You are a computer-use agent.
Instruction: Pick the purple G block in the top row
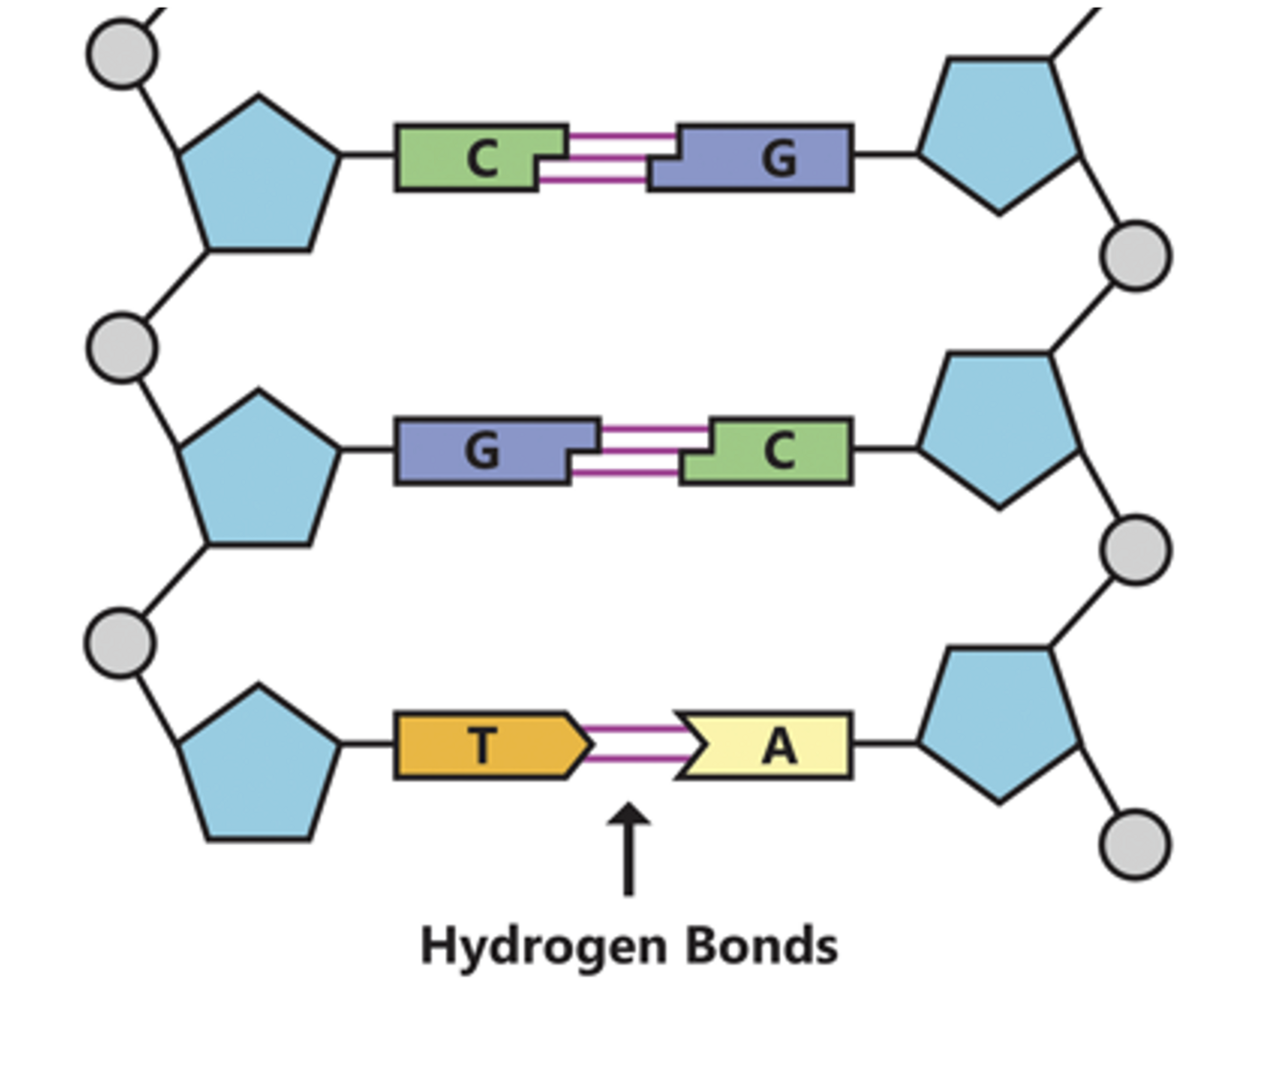point(764,158)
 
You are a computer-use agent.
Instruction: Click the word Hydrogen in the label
point(543,946)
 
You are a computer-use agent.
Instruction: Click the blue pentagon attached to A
point(999,722)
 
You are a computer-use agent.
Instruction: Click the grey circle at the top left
point(122,54)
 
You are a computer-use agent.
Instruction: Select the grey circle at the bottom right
point(1136,844)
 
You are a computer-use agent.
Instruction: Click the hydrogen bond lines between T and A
point(635,745)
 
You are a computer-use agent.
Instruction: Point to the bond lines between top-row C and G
point(607,158)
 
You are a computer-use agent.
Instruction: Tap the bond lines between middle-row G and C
point(640,451)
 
